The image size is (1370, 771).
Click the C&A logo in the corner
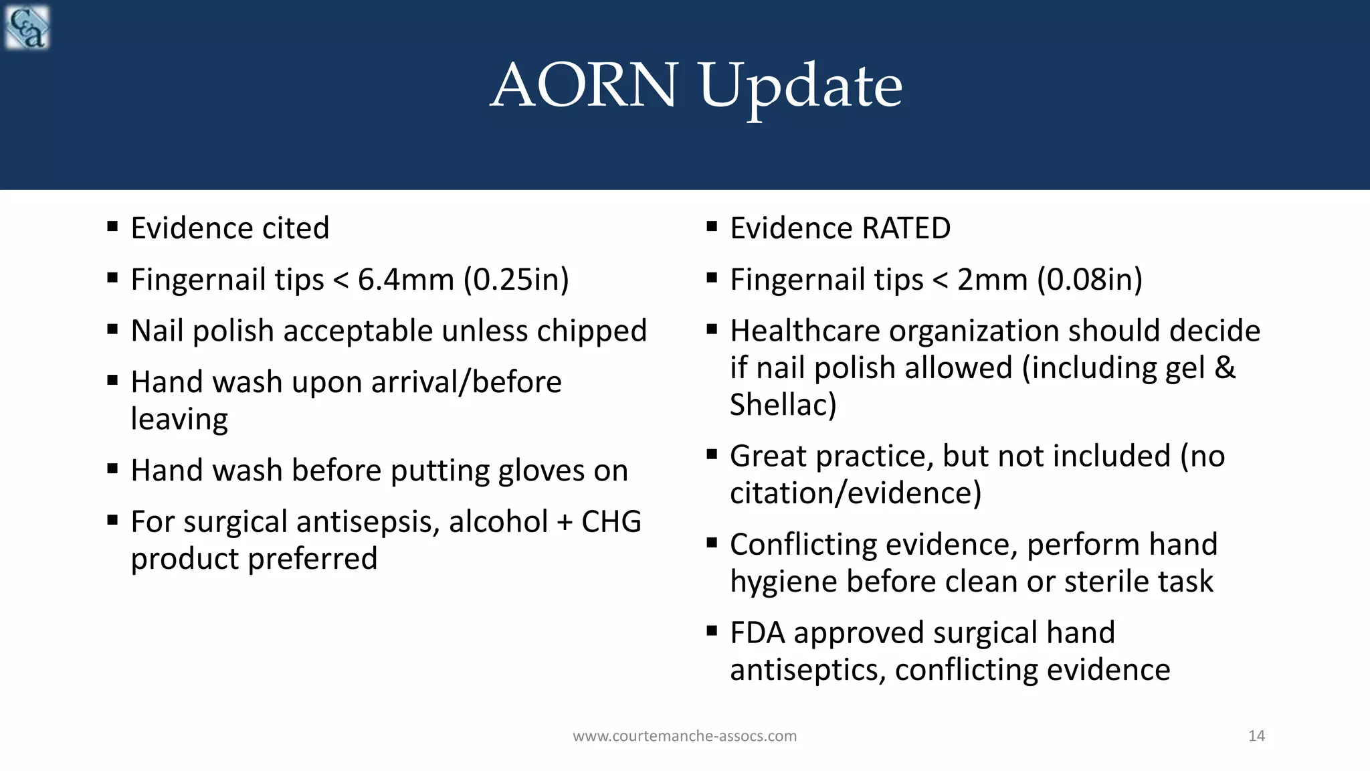tap(27, 27)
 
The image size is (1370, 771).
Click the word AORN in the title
tap(584, 86)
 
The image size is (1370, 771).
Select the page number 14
tap(1256, 736)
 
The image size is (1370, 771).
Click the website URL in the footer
tap(684, 736)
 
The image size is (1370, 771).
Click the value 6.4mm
tap(406, 280)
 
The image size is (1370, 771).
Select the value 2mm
tap(992, 280)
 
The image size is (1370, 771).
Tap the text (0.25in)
tap(516, 280)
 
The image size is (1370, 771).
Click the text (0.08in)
tap(1090, 280)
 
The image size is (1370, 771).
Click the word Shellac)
tap(783, 405)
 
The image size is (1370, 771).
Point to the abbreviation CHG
tap(611, 522)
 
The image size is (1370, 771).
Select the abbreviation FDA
tap(757, 633)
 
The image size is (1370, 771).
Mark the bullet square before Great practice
tap(712, 454)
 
